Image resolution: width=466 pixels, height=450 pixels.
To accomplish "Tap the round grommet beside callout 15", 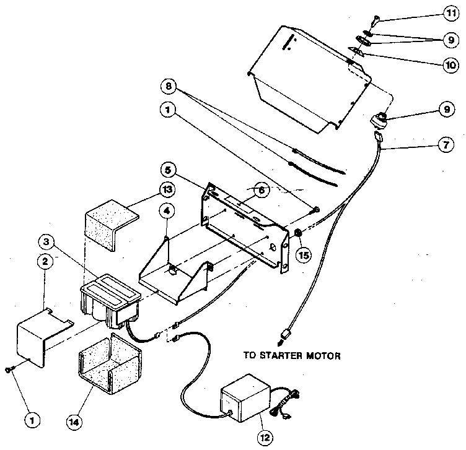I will tap(297, 233).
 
